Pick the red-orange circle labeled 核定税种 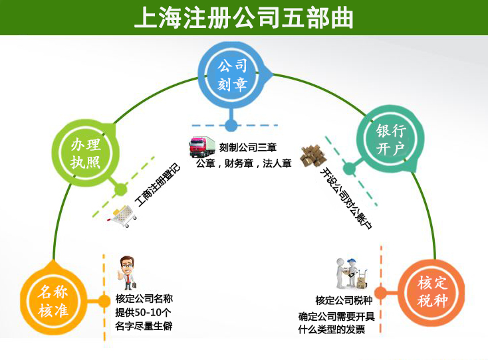tap(432, 292)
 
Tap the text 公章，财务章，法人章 tap(244, 163)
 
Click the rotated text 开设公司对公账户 tap(346, 199)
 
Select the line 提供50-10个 tap(144, 312)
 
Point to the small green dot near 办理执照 tap(120, 190)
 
